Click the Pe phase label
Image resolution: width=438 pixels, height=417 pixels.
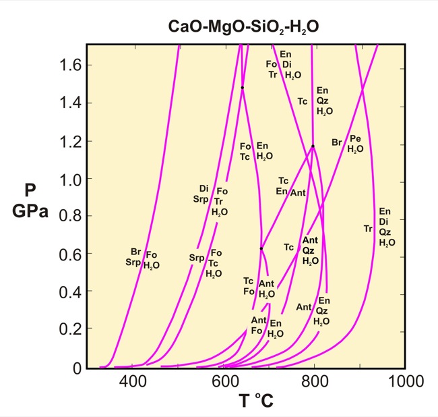point(356,138)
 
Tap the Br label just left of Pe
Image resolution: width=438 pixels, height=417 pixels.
point(337,142)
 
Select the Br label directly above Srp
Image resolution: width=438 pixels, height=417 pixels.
point(136,252)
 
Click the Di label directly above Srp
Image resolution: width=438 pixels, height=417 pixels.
point(204,188)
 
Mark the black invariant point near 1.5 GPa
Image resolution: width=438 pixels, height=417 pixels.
point(242,88)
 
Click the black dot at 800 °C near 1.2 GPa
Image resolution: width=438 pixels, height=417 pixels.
point(313,146)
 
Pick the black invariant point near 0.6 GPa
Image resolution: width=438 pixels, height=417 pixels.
point(261,249)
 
